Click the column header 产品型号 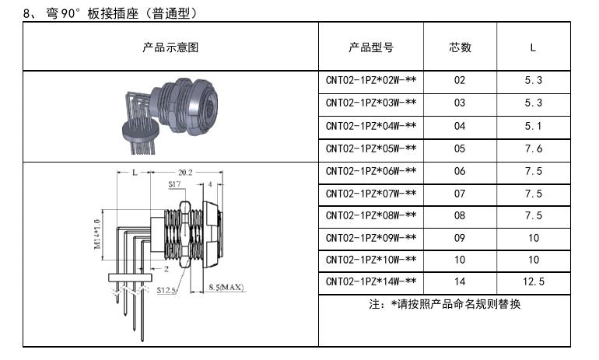click(371, 47)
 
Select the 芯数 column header click(460, 47)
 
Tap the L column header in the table click(533, 47)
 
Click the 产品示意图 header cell click(170, 47)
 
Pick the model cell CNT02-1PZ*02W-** click(371, 80)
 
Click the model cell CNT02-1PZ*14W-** click(371, 281)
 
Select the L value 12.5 click(534, 281)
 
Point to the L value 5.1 click(534, 126)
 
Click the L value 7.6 click(534, 149)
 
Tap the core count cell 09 click(460, 238)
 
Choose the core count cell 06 click(460, 171)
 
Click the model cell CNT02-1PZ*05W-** click(371, 149)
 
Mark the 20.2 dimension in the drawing click(185, 173)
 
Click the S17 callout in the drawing click(174, 184)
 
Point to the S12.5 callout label click(166, 291)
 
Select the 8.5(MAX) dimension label click(226, 287)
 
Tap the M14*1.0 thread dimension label click(97, 234)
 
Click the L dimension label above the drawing click(135, 173)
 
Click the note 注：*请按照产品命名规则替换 click(445, 304)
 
